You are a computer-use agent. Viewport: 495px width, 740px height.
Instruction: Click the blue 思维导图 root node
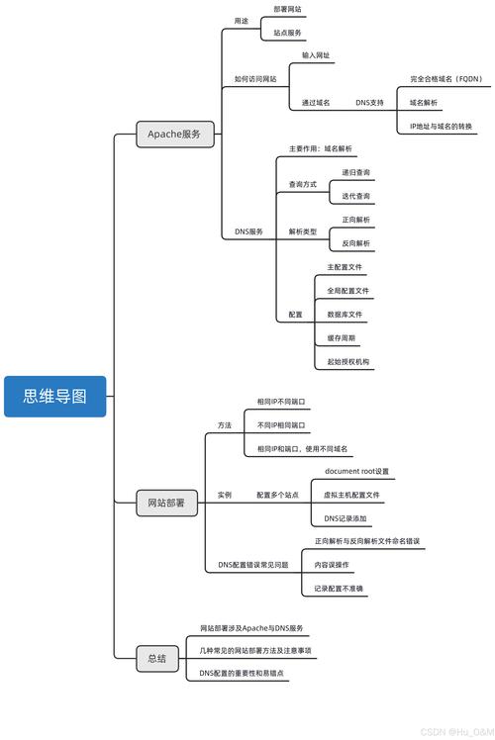54,397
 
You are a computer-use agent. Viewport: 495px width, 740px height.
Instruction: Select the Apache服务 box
180,134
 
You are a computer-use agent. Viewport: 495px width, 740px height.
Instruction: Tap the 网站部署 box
166,504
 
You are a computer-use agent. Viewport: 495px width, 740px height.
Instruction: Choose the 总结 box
156,658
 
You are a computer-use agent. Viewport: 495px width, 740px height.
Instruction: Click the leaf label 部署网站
287,9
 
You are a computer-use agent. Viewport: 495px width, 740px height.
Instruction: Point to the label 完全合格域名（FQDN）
445,77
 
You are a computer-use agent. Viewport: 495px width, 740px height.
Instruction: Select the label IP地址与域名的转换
442,127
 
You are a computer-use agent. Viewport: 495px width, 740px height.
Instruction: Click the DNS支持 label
369,102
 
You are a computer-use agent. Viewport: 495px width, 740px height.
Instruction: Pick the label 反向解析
356,243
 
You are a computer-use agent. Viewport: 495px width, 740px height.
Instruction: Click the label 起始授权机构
348,362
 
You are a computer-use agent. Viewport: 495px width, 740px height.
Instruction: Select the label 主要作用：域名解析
321,148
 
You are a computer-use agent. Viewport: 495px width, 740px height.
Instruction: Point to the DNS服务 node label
248,231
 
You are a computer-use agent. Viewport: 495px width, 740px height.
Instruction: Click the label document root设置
357,471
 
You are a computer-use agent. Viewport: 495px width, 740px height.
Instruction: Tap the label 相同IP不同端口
281,402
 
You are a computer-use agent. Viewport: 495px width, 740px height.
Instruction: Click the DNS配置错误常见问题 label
253,565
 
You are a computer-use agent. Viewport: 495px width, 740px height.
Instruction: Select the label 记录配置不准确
340,589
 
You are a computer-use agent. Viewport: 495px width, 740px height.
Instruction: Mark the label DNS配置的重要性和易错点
242,673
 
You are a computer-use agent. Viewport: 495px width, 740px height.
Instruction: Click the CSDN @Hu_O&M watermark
454,732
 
